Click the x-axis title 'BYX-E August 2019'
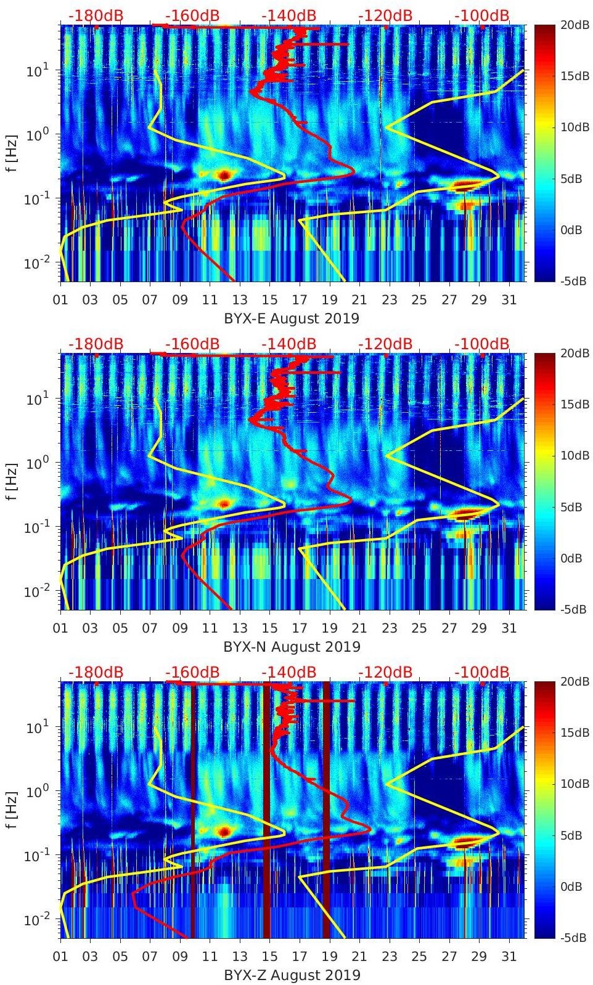292,318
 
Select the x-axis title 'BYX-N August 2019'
292,647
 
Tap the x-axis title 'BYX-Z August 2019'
292,975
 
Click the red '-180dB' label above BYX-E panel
96,15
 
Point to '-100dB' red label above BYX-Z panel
482,672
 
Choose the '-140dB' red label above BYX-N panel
288,344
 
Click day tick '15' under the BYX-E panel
269,300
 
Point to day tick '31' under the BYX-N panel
509,628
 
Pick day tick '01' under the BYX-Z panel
60,957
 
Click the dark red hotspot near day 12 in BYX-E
224,175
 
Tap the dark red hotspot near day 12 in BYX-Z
224,832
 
